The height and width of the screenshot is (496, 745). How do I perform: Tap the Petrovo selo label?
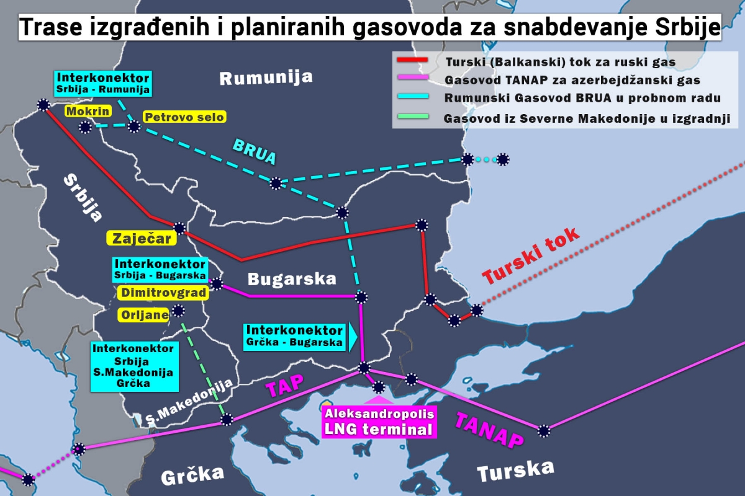click(184, 117)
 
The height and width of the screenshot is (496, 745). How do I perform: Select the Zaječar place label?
click(140, 237)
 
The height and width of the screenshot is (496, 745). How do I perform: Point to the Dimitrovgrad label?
click(161, 293)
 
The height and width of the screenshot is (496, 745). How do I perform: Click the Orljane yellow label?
click(143, 315)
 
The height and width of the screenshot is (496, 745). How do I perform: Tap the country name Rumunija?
click(266, 78)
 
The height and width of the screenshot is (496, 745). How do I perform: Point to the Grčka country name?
click(192, 476)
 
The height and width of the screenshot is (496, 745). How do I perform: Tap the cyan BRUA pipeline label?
click(254, 152)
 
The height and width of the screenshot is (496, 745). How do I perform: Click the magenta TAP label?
click(285, 386)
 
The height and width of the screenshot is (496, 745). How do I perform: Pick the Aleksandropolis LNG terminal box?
click(379, 421)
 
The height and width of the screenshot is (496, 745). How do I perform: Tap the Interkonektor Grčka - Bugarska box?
click(295, 335)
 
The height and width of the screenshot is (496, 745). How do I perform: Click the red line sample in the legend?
click(412, 60)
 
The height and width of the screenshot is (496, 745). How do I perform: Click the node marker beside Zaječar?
click(179, 228)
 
